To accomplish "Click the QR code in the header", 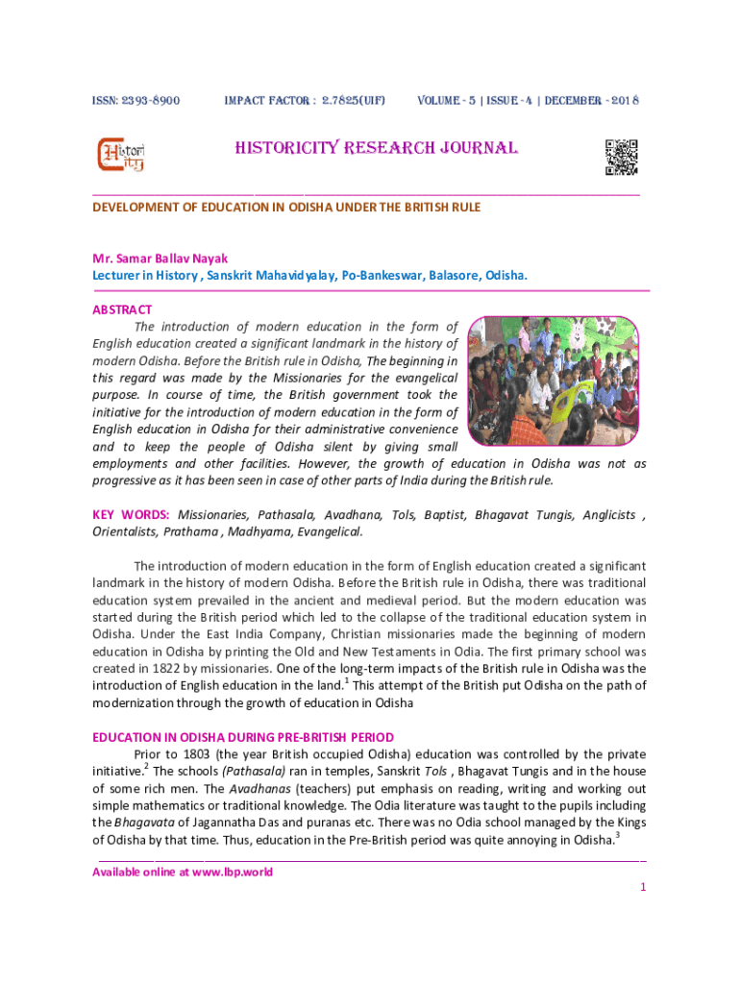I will (x=621, y=157).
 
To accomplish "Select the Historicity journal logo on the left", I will (x=121, y=156).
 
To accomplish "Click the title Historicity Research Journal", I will (x=376, y=148).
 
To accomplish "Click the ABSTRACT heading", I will (x=122, y=309).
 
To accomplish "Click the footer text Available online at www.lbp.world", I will (x=182, y=873).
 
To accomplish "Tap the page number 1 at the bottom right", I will (x=642, y=887).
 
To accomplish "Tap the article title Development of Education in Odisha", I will (x=286, y=208).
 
